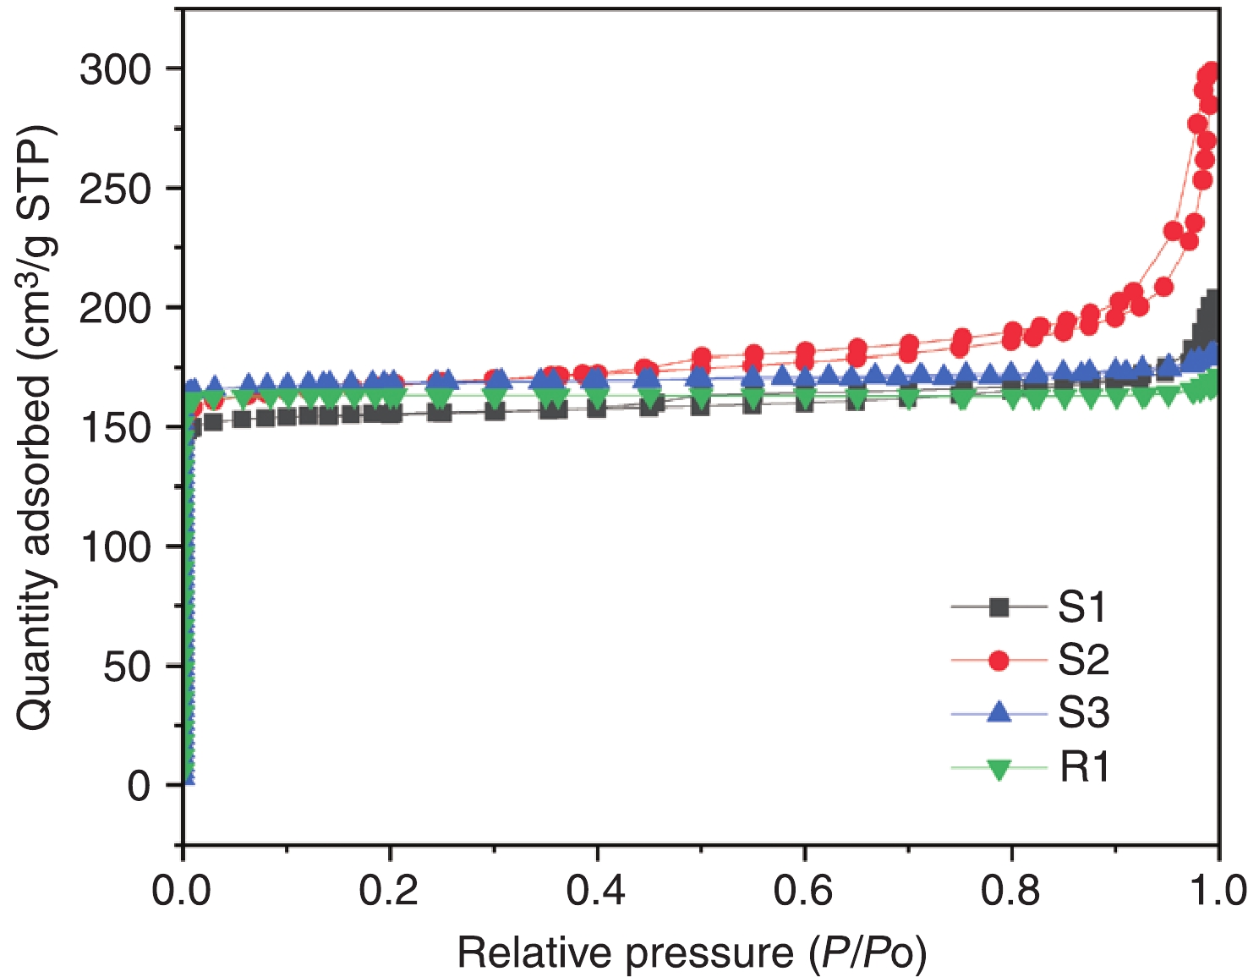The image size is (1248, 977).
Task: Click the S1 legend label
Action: coord(1082,607)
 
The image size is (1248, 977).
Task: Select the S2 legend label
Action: coord(1083,660)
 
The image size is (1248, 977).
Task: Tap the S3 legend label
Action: coord(1083,713)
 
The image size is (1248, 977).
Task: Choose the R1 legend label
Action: coord(1084,767)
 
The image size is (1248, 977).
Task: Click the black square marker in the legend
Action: coord(999,607)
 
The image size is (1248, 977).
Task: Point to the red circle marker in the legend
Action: coord(999,660)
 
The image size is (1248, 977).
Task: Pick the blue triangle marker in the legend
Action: coord(999,713)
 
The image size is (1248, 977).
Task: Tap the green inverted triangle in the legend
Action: coord(999,768)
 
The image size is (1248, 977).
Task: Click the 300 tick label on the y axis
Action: coord(116,69)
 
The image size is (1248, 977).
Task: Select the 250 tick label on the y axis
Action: coord(116,188)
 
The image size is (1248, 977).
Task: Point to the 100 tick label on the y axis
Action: coord(116,546)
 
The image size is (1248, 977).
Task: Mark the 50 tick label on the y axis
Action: coord(127,667)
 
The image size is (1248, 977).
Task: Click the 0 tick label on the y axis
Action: coord(139,786)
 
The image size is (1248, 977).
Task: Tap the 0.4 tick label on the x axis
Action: coord(596,891)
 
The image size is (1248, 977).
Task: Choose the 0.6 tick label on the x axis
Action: coord(804,891)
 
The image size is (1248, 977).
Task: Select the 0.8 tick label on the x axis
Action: coord(1010,891)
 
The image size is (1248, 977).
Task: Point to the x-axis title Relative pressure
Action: coord(692,953)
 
